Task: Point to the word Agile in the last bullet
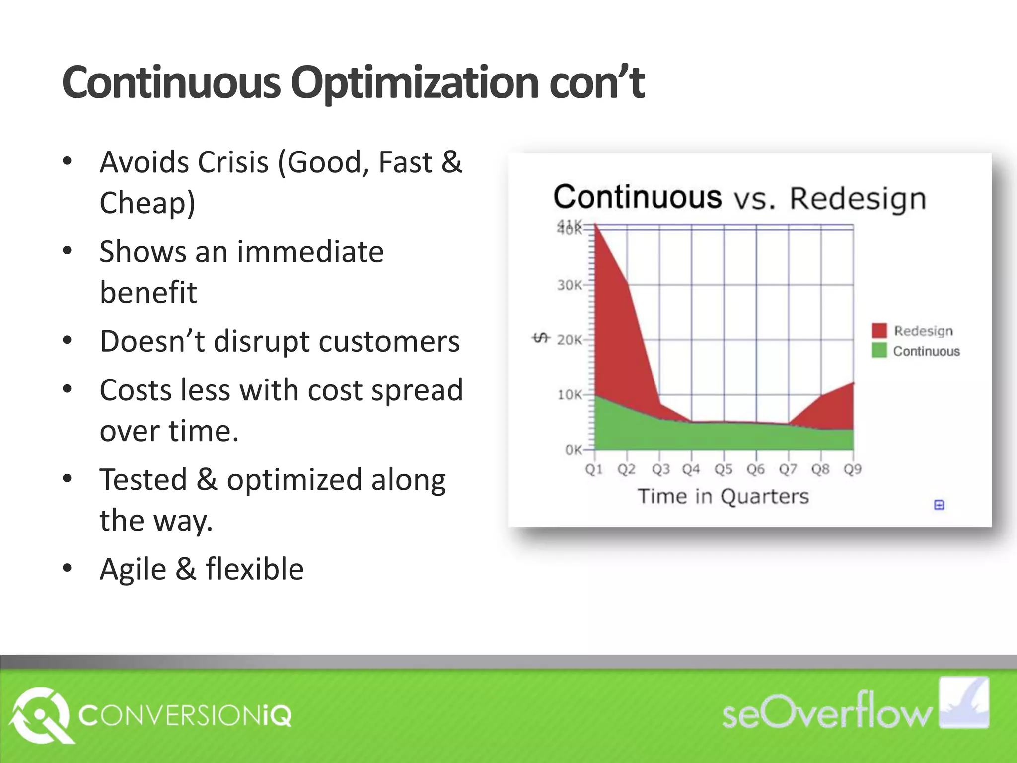click(x=133, y=569)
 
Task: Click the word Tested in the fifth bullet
click(x=144, y=480)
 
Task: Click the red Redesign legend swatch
click(x=879, y=331)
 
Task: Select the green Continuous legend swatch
click(x=879, y=351)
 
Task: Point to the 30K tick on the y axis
click(x=569, y=285)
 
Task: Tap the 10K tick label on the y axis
click(x=569, y=395)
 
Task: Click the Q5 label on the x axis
click(x=723, y=469)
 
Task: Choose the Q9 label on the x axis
click(x=853, y=469)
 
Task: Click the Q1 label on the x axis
click(x=594, y=469)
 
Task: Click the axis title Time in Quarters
click(x=723, y=496)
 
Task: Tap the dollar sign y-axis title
click(x=541, y=338)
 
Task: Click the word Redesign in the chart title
click(x=858, y=199)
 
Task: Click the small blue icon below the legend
click(x=939, y=505)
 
